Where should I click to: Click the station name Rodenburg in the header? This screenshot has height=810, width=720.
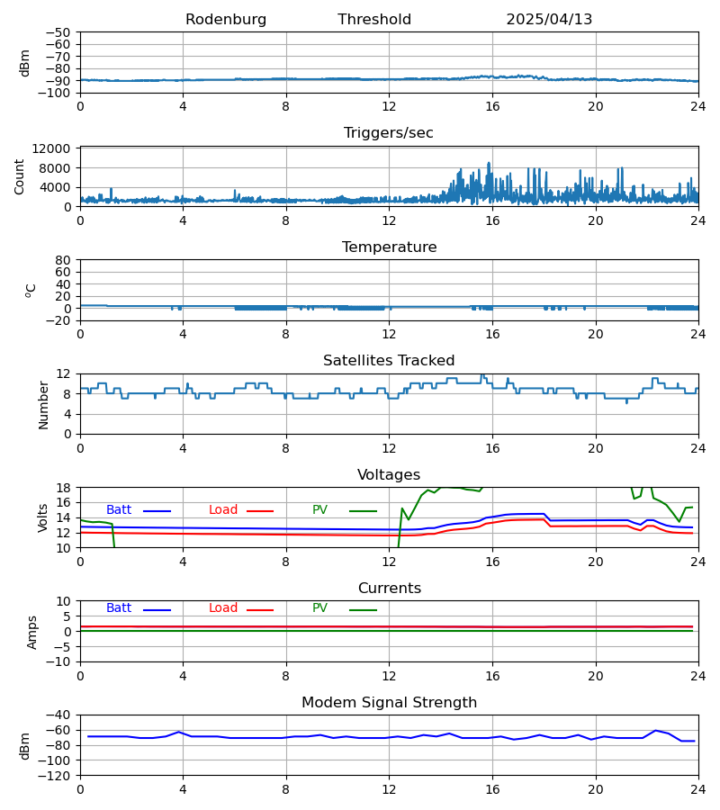226,20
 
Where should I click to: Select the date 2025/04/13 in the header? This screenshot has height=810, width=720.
549,20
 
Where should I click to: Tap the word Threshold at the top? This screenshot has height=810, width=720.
374,20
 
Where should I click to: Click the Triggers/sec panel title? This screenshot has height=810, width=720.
389,133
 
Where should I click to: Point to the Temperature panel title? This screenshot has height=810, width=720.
389,247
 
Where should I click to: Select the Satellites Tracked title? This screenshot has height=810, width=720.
389,361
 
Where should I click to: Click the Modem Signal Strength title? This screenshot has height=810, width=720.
389,703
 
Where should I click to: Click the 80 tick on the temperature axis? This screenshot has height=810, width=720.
63,260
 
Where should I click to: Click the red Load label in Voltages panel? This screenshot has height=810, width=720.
223,510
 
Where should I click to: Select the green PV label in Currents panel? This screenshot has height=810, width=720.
319,608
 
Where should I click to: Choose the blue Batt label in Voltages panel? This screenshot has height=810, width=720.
119,510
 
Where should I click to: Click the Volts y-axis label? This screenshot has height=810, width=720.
43,517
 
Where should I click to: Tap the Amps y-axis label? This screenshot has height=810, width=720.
33,632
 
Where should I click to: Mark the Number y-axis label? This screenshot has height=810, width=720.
43,404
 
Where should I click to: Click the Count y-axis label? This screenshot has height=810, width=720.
20,176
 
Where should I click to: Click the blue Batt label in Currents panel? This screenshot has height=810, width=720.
119,608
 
